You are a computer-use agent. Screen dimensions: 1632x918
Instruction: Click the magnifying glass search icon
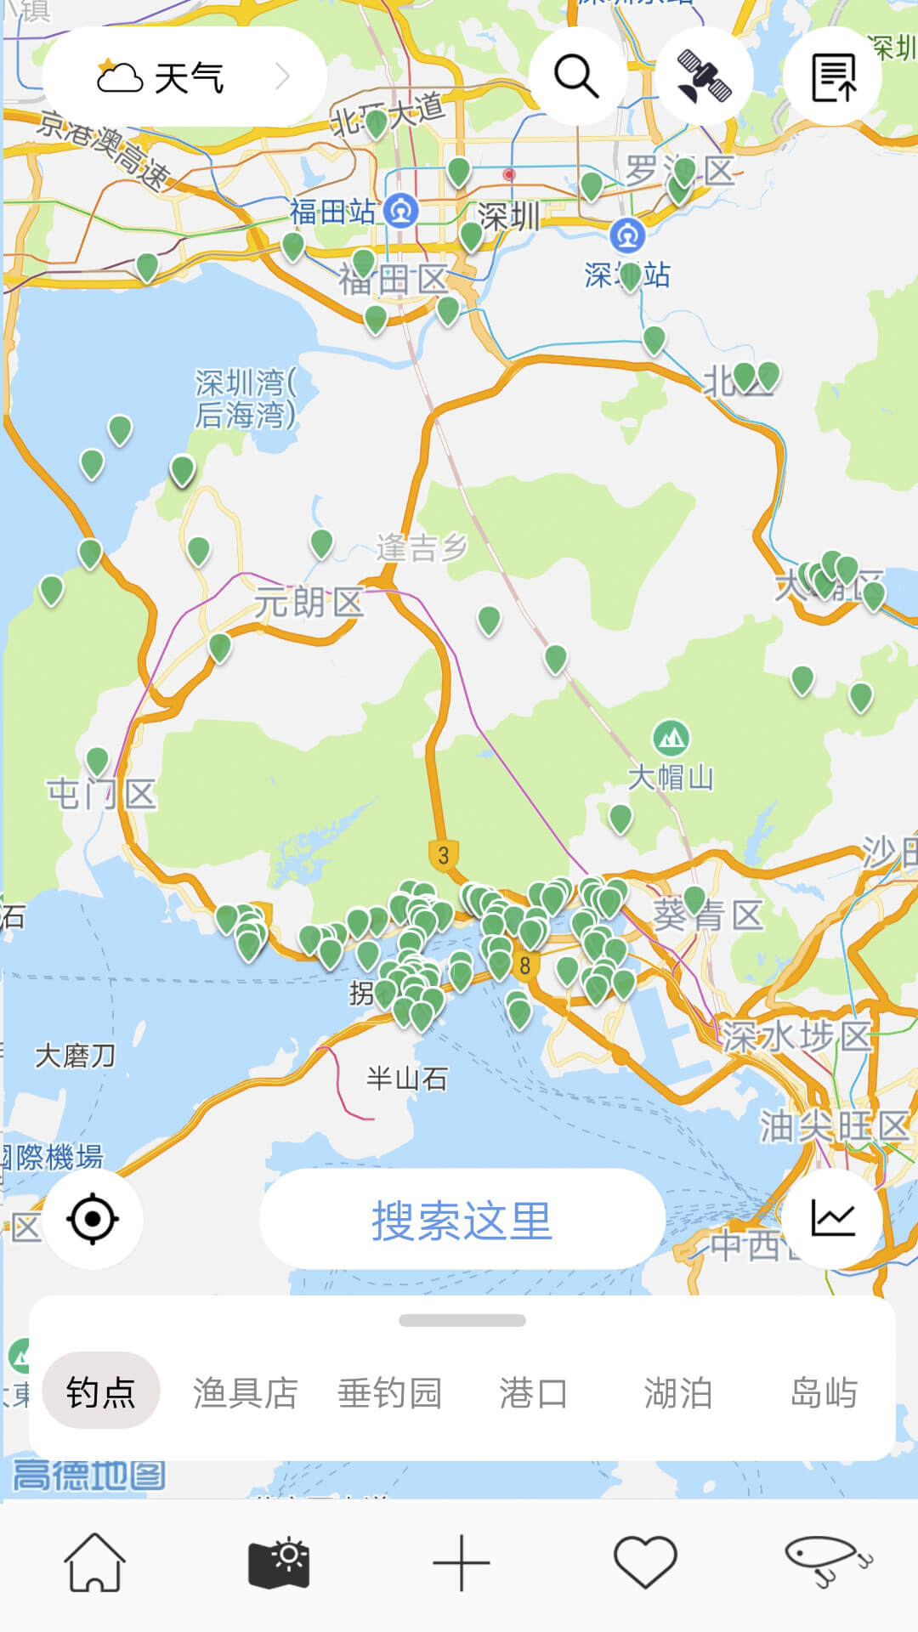577,76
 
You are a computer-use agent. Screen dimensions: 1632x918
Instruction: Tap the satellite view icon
704,76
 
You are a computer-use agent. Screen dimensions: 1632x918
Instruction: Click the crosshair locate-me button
93,1219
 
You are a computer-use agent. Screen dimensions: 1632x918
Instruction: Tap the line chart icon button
832,1219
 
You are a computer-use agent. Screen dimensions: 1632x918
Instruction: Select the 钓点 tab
101,1391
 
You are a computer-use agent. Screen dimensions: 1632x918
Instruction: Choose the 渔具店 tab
246,1392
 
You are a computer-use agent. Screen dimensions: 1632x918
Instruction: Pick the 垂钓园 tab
390,1392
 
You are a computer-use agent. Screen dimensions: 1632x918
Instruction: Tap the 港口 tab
534,1392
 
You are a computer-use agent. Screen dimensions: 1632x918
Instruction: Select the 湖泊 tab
677,1392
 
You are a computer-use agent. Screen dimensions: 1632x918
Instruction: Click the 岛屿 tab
823,1392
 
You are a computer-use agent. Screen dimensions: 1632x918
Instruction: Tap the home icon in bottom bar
94,1562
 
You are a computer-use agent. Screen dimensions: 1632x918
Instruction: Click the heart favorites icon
645,1562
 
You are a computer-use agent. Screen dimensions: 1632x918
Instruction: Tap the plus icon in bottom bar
462,1562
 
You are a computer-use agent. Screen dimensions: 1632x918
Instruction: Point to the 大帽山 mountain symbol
671,738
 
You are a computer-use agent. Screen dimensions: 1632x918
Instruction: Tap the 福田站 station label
332,212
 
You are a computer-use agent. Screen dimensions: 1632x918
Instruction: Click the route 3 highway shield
443,855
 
